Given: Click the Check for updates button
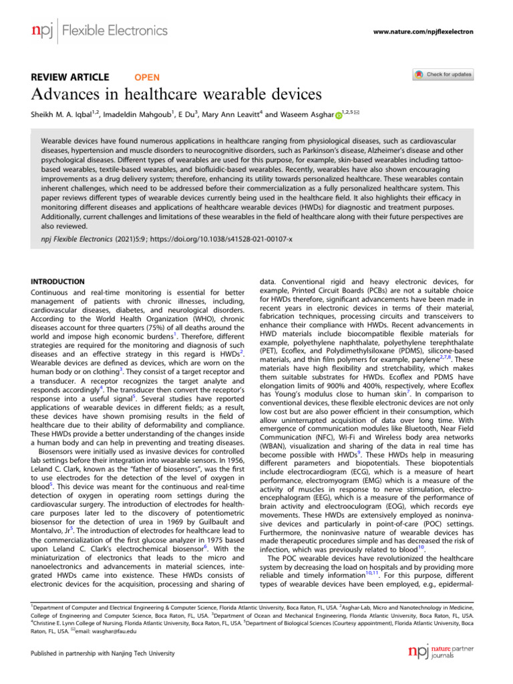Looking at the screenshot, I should tap(443, 74).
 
